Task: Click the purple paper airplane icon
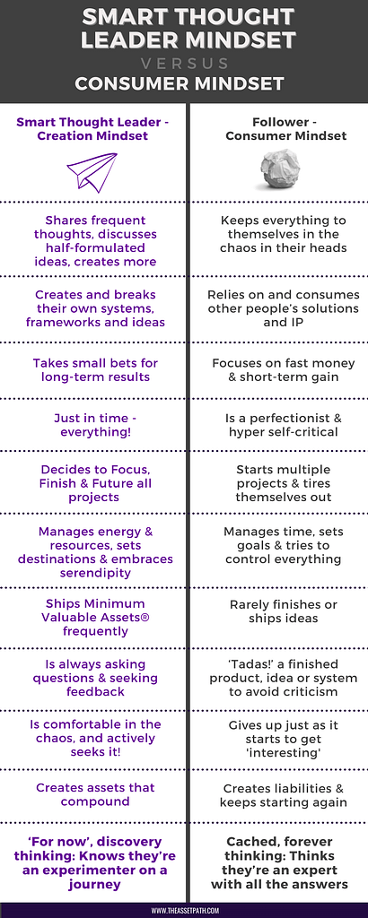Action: point(92,172)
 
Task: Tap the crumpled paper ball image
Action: point(280,169)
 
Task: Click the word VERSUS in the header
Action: point(184,64)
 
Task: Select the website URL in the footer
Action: point(184,911)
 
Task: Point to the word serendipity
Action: point(94,573)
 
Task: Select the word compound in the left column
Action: point(94,801)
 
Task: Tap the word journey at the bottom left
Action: point(94,885)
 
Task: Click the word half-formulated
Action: point(95,247)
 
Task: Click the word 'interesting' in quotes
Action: point(284,752)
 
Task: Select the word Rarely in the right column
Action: point(249,605)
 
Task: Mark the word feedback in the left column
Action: point(95,691)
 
